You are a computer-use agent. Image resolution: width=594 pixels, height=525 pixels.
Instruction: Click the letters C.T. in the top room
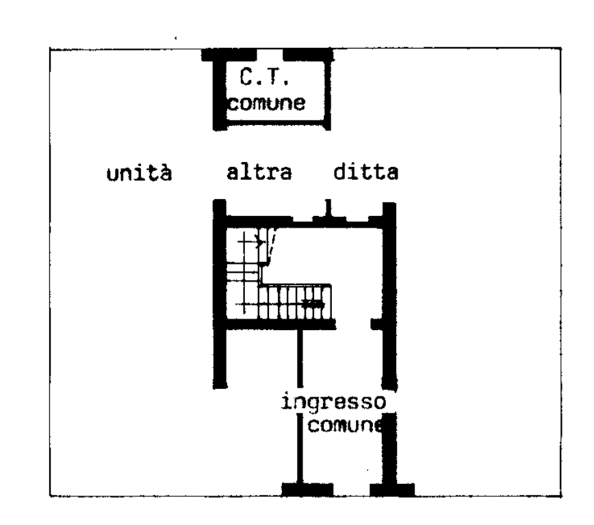tap(265, 77)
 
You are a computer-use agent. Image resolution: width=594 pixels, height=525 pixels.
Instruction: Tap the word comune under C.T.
tap(267, 105)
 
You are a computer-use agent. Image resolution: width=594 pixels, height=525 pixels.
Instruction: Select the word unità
tap(138, 173)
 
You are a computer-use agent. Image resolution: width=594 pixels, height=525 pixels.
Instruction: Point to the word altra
tap(259, 172)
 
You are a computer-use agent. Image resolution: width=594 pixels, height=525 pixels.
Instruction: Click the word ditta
tap(365, 172)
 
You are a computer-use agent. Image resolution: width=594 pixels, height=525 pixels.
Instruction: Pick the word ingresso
tap(334, 402)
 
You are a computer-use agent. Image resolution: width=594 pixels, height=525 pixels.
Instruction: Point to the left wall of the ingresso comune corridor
tap(300, 451)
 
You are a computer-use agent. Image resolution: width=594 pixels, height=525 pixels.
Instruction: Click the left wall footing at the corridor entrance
tap(307, 489)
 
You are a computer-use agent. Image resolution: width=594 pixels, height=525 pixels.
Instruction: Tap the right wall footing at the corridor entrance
tap(392, 489)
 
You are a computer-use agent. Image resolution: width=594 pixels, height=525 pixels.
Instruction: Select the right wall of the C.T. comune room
tap(328, 92)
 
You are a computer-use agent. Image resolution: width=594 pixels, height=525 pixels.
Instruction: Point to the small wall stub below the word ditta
tap(328, 207)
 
